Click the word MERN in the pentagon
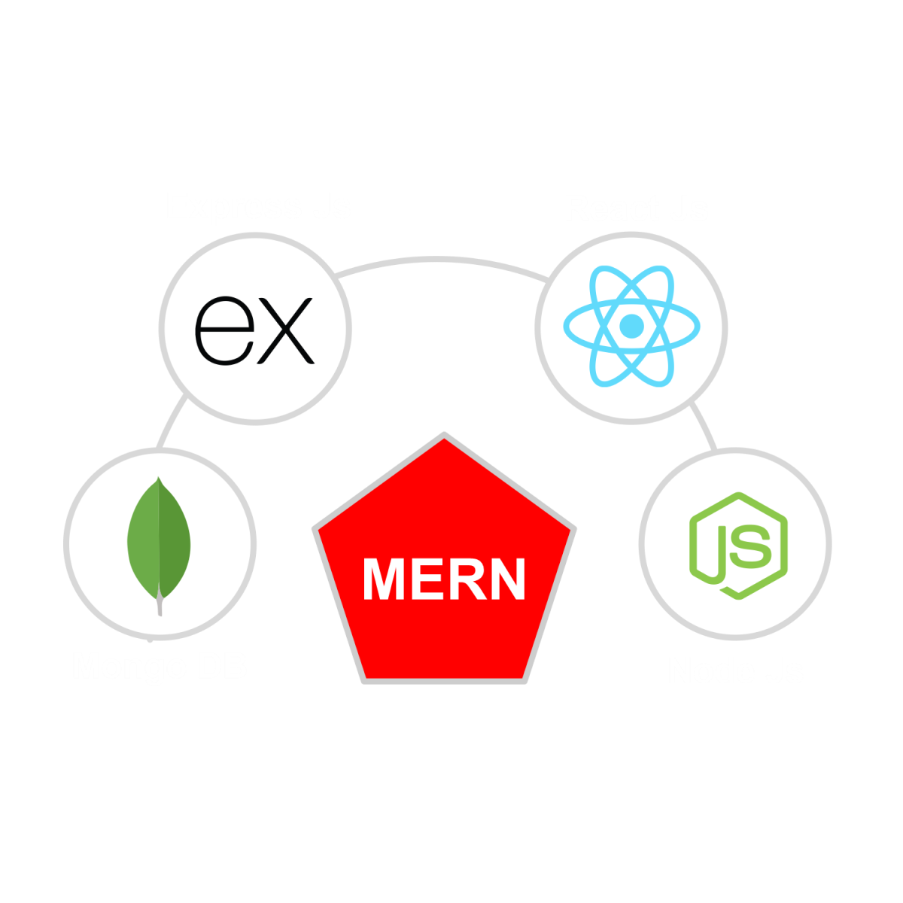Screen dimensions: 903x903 444,579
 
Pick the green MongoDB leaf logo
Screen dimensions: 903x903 160,540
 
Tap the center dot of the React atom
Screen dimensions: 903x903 632,326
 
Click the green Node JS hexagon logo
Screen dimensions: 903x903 737,546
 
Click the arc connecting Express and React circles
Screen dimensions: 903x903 444,260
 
